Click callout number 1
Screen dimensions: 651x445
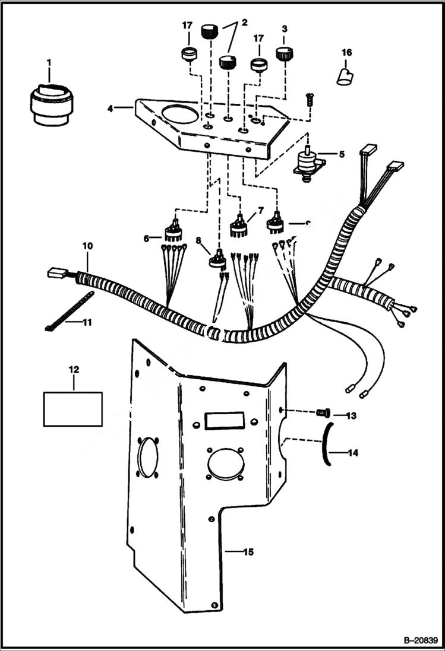coord(49,61)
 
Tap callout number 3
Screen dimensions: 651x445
coord(284,28)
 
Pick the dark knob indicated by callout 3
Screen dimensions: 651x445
coord(283,55)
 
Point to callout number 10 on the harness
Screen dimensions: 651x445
coord(87,245)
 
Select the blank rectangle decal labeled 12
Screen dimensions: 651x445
coord(72,408)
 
